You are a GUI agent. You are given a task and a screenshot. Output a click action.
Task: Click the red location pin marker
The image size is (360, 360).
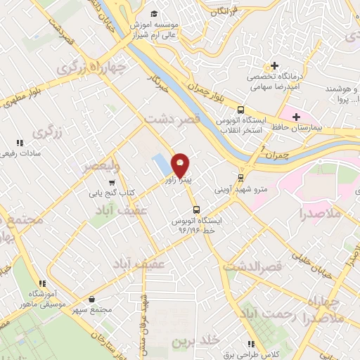tap(181, 165)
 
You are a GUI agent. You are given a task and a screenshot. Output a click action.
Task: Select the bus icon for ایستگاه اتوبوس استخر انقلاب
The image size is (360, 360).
tap(240, 110)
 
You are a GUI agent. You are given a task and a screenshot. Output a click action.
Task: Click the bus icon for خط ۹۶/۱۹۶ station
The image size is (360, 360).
tap(196, 209)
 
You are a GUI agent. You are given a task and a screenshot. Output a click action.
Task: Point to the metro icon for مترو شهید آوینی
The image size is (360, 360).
tap(240, 177)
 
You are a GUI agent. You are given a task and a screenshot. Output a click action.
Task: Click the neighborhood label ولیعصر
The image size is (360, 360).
tap(101, 167)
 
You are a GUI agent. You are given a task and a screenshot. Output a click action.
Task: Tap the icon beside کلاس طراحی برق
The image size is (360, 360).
tap(251, 344)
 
